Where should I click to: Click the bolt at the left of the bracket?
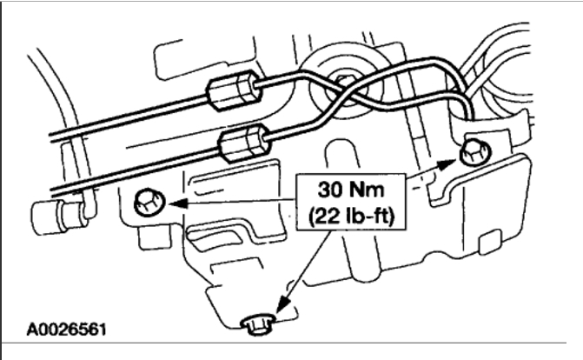tap(145, 203)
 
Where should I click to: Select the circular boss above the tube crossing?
tap(339, 71)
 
